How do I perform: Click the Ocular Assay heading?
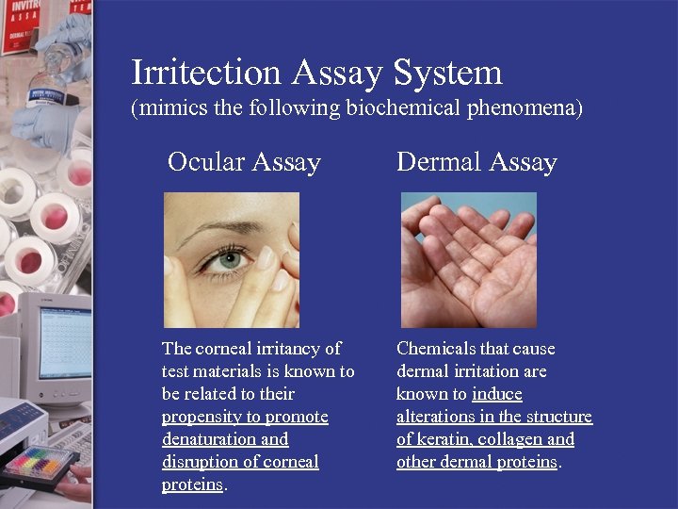tap(244, 162)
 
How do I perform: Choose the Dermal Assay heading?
tap(476, 162)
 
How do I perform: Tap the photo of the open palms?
tap(468, 259)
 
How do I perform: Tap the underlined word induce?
tap(497, 394)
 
